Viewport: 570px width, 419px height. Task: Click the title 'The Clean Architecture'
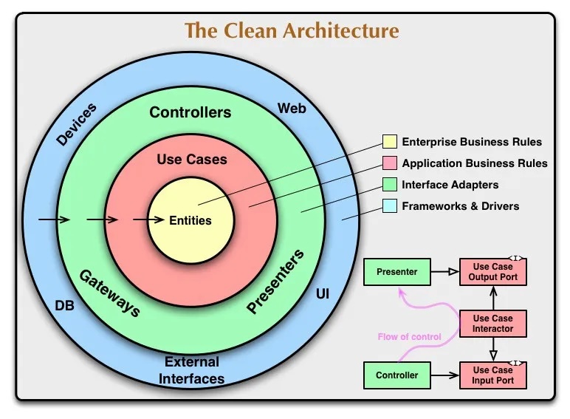[292, 31]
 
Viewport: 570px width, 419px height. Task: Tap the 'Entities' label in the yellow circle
[190, 220]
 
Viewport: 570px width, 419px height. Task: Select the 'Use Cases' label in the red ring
[192, 159]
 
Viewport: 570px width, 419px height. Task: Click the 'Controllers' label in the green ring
[190, 113]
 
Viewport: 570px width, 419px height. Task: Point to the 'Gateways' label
[110, 293]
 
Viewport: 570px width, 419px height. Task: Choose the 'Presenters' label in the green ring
[275, 282]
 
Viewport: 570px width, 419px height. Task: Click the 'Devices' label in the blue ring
[76, 124]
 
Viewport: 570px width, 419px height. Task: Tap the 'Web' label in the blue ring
[292, 109]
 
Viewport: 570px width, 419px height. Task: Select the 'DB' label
[65, 304]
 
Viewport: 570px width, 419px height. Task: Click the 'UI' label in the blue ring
[323, 294]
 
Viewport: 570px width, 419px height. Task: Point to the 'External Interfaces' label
[192, 370]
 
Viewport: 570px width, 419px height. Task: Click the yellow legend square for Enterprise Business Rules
[390, 142]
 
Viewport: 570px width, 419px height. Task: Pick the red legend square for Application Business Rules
[390, 163]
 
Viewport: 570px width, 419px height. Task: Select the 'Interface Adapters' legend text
[450, 185]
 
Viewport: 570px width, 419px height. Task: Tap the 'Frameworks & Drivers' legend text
[460, 206]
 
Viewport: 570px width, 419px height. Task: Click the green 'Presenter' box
[396, 272]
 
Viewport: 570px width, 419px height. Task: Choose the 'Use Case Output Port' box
[493, 272]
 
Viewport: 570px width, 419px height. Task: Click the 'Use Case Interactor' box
[493, 324]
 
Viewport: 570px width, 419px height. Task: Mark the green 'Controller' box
[396, 375]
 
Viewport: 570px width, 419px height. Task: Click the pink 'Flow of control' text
[409, 337]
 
